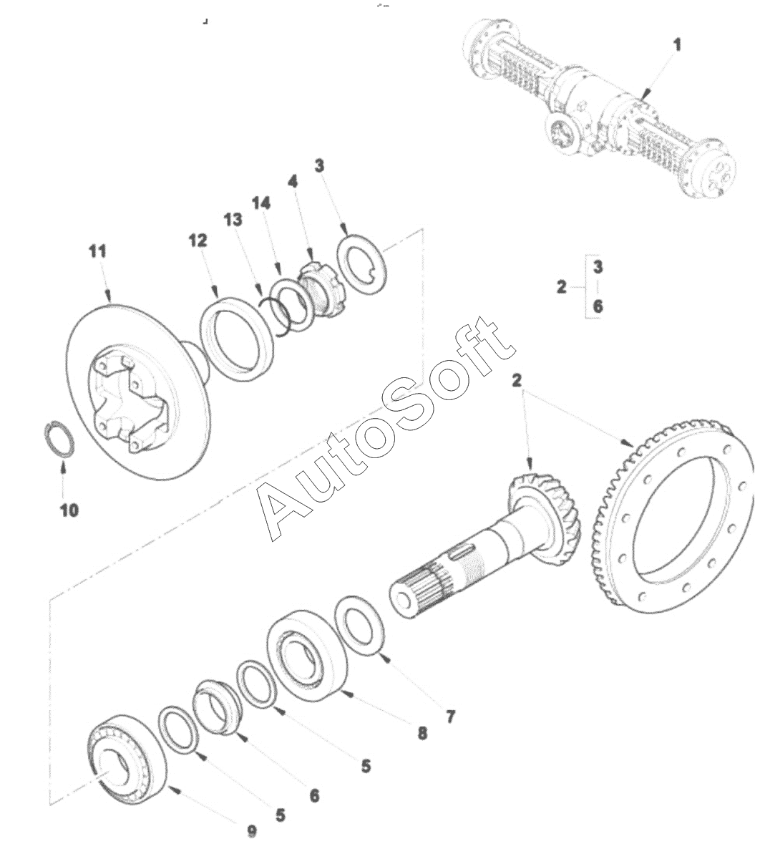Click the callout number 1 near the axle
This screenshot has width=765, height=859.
[x=677, y=44]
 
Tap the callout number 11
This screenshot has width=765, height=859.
[x=97, y=251]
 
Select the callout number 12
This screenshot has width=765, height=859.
[x=198, y=241]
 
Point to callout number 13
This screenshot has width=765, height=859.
[x=233, y=220]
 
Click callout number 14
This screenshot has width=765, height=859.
[x=260, y=203]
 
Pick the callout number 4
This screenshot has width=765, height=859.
[x=293, y=182]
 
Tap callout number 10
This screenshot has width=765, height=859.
[x=69, y=510]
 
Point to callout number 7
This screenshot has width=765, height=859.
[x=450, y=716]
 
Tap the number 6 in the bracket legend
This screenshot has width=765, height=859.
[x=598, y=306]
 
